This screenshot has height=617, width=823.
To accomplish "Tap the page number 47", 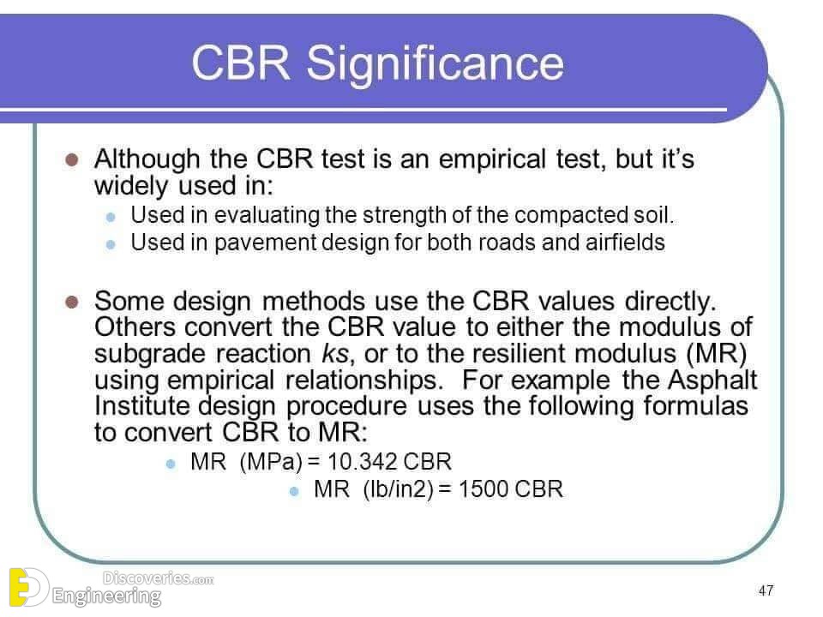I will [766, 590].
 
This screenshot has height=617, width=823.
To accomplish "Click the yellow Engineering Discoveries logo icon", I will [26, 587].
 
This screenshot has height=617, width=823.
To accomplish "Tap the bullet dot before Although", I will [72, 159].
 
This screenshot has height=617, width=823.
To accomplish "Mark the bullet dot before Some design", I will [72, 303].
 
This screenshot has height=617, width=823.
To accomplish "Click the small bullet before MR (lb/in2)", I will [294, 492].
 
